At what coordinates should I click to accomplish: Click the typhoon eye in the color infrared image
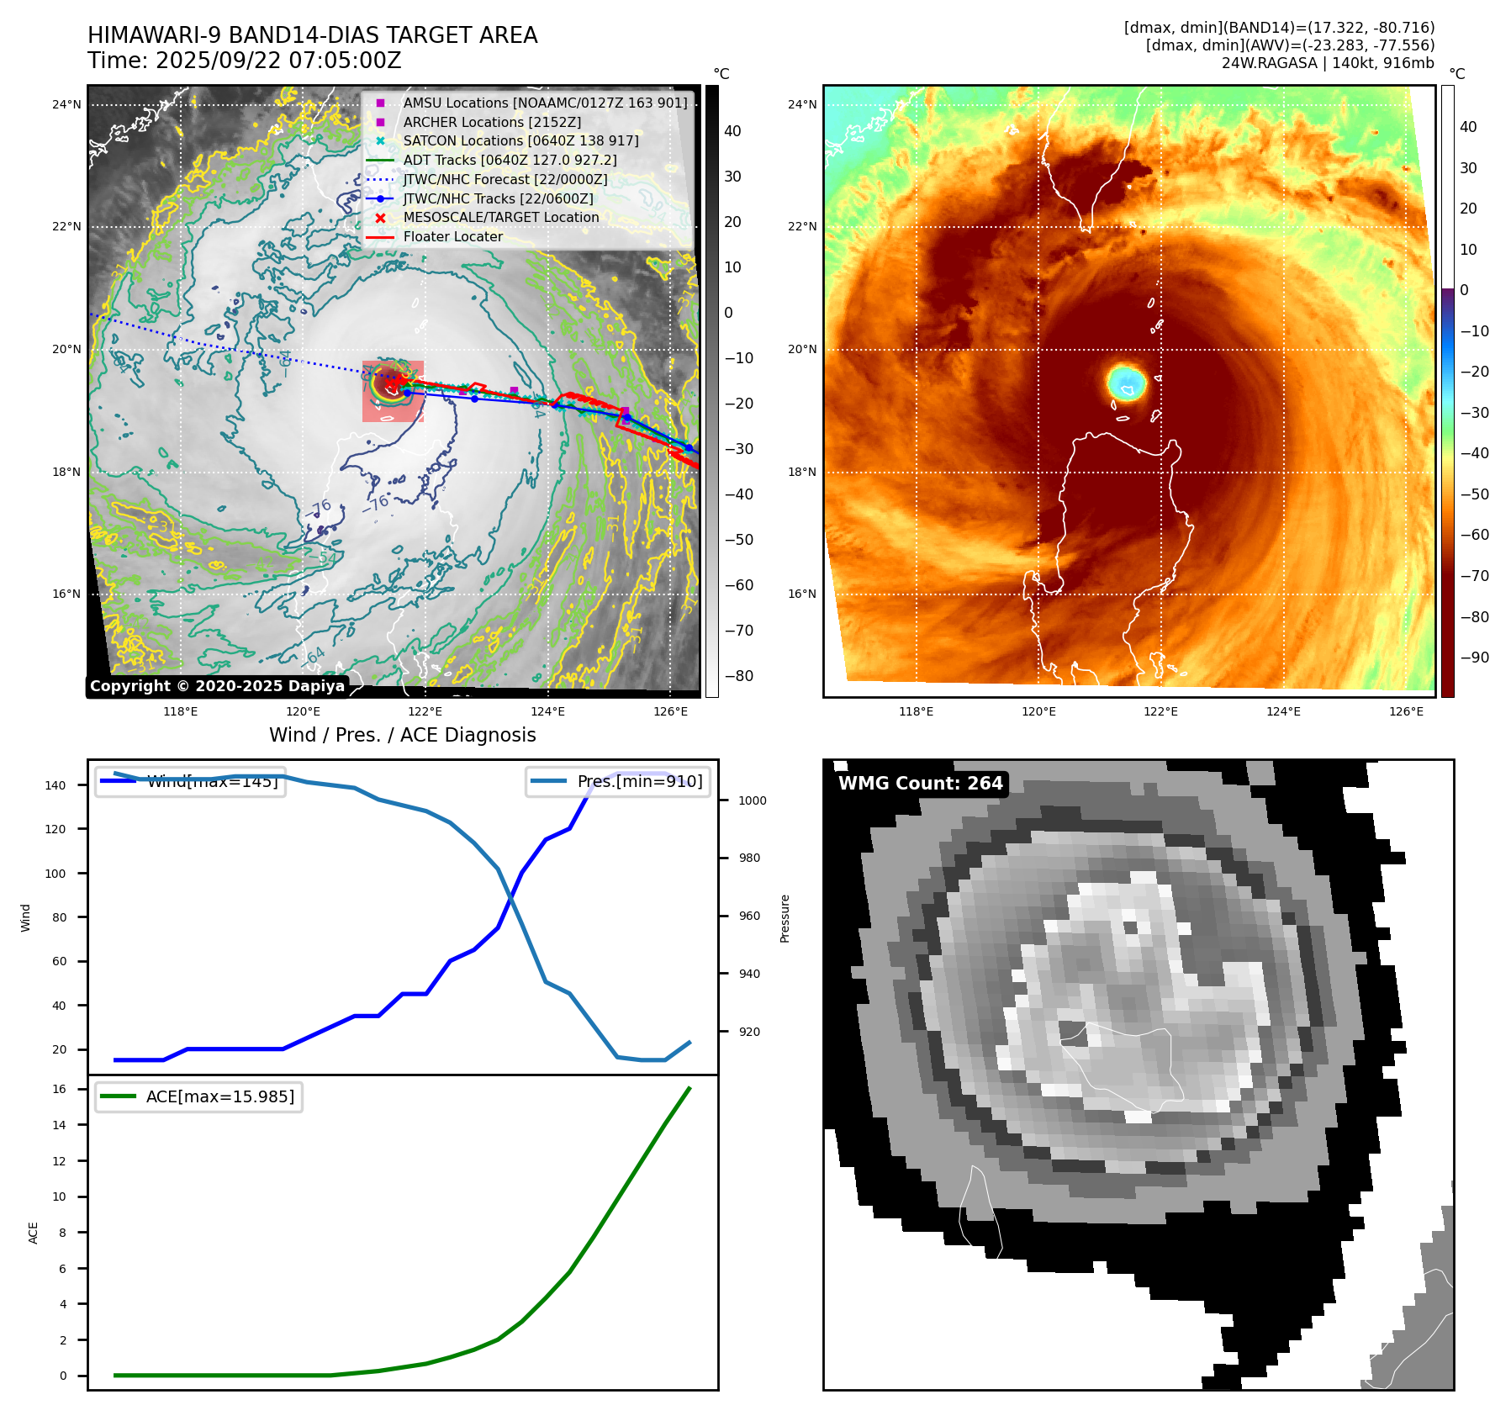pos(1126,383)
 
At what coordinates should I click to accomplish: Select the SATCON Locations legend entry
pos(520,141)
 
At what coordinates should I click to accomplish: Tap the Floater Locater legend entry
pos(452,237)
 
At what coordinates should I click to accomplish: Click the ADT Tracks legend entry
pos(510,161)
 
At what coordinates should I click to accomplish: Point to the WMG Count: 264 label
pos(920,784)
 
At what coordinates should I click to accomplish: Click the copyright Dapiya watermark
pos(217,686)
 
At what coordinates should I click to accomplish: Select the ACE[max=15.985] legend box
pos(198,1096)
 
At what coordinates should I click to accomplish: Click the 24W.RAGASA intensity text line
pos(1328,63)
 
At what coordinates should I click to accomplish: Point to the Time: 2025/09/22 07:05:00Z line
pos(245,61)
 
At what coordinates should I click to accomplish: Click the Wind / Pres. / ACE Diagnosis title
pos(402,735)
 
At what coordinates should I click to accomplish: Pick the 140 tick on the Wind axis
pos(55,785)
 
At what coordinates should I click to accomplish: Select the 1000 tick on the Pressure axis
pos(752,800)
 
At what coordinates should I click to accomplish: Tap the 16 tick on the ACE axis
pos(59,1089)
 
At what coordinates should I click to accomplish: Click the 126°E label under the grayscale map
pos(670,711)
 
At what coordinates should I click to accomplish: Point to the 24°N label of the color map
pos(801,105)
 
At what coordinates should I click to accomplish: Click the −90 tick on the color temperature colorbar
pos(1474,658)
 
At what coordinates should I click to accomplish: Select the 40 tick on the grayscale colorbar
pos(732,131)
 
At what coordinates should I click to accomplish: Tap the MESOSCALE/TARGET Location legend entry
pos(500,218)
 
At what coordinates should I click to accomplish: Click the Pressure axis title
pos(785,918)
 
